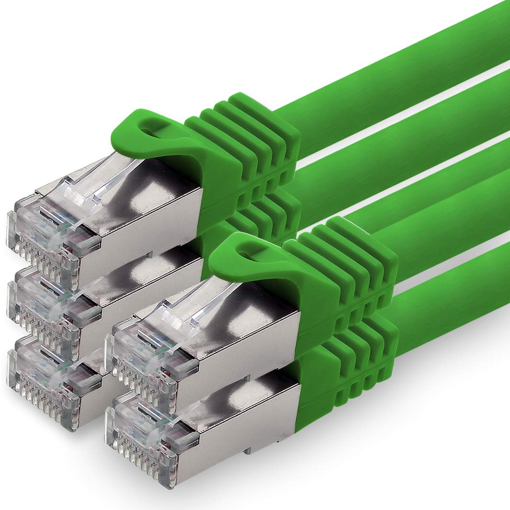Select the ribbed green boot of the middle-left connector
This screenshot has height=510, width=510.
coord(259,215)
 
